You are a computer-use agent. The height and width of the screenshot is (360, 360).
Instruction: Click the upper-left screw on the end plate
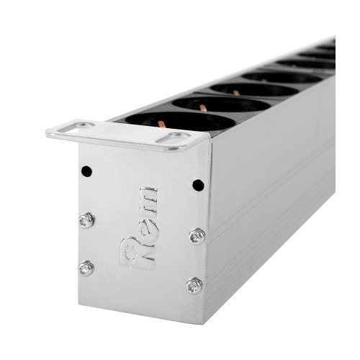click(86, 220)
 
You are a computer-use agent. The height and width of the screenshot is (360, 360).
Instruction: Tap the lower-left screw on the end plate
click(86, 268)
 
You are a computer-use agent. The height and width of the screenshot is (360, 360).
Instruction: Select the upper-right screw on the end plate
click(197, 236)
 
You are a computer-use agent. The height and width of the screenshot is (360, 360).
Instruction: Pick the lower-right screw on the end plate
click(194, 286)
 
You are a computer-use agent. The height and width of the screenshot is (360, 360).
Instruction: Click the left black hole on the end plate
click(86, 171)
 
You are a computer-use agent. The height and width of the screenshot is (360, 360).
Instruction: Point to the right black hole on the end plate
click(198, 185)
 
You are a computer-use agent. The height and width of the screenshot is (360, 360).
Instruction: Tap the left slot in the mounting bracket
click(76, 127)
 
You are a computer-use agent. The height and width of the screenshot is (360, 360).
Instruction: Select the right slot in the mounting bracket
click(174, 138)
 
